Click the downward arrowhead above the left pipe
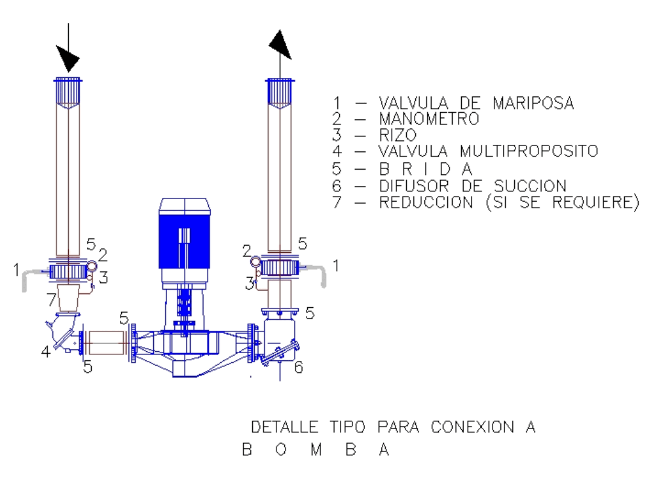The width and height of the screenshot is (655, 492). click(67, 58)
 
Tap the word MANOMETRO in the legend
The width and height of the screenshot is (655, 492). click(429, 119)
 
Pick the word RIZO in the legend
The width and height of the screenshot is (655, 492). click(398, 135)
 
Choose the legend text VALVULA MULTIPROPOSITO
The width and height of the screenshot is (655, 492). click(489, 151)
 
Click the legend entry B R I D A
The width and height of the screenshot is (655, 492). click(426, 169)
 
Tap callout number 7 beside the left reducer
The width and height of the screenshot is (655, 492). click(51, 300)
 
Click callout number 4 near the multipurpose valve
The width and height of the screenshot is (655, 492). click(46, 352)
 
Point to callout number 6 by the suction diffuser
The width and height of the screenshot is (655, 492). click(298, 368)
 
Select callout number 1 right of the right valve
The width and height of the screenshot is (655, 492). click(336, 265)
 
